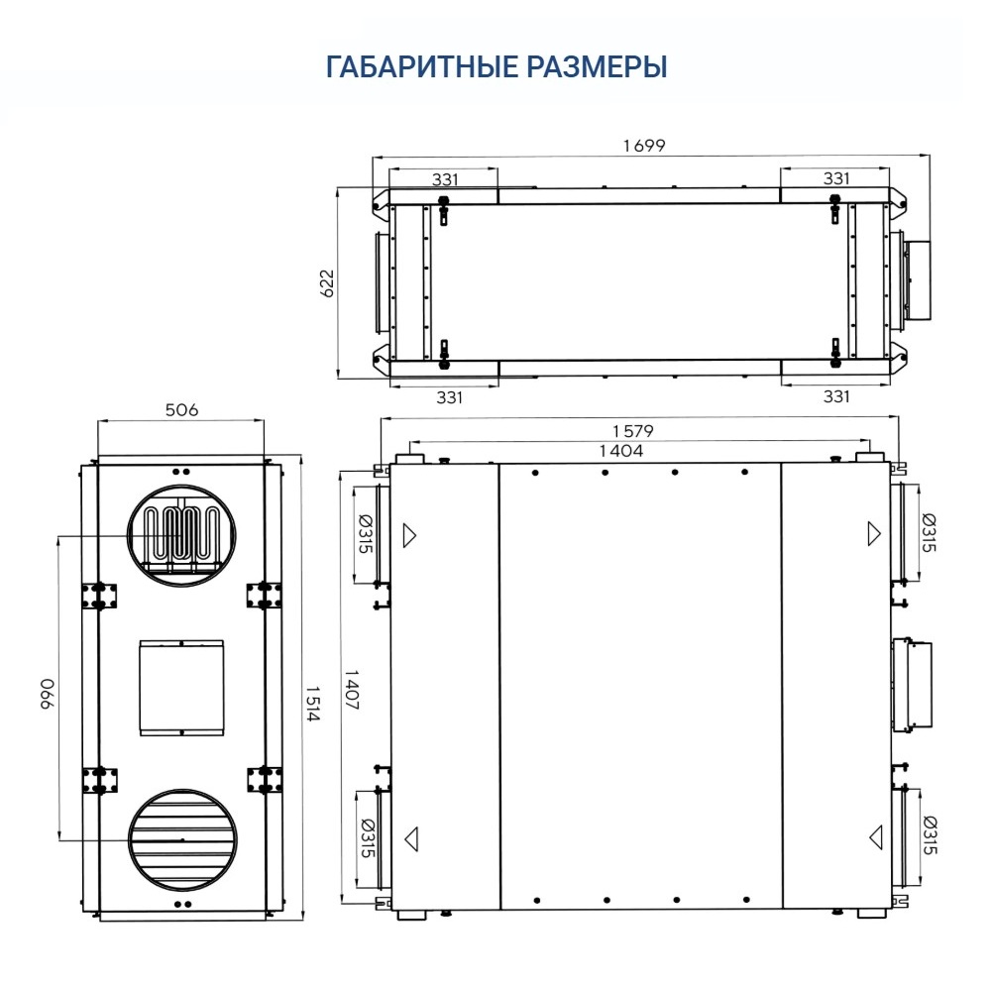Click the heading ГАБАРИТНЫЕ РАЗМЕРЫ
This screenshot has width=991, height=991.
[x=495, y=67]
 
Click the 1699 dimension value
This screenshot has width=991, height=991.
[x=644, y=146]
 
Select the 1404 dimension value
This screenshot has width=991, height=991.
[x=621, y=451]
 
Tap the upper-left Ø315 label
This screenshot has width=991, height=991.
[x=365, y=534]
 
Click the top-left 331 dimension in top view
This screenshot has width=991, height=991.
[x=446, y=179]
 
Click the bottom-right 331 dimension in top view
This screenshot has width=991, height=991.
[x=837, y=396]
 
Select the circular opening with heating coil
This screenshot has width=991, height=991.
[x=181, y=535]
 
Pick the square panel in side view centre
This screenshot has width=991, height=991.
[x=181, y=687]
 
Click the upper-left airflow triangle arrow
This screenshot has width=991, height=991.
[x=409, y=536]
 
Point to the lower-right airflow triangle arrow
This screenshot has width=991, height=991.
[x=875, y=837]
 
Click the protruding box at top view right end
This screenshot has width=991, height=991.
[x=918, y=279]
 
